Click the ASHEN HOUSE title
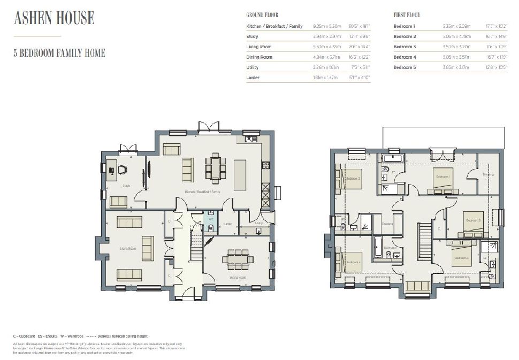[x=54, y=18]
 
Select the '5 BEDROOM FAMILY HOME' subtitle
[x=59, y=53]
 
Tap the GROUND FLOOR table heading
[x=262, y=15]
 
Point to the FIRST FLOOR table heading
[x=407, y=15]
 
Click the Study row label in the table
[x=252, y=36]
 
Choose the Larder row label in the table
[x=253, y=78]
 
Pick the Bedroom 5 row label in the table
[x=404, y=67]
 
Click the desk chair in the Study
[x=123, y=170]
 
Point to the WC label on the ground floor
[x=211, y=219]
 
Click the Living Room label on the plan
[x=128, y=249]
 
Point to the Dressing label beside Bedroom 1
[x=488, y=174]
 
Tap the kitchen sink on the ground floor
[x=250, y=140]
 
